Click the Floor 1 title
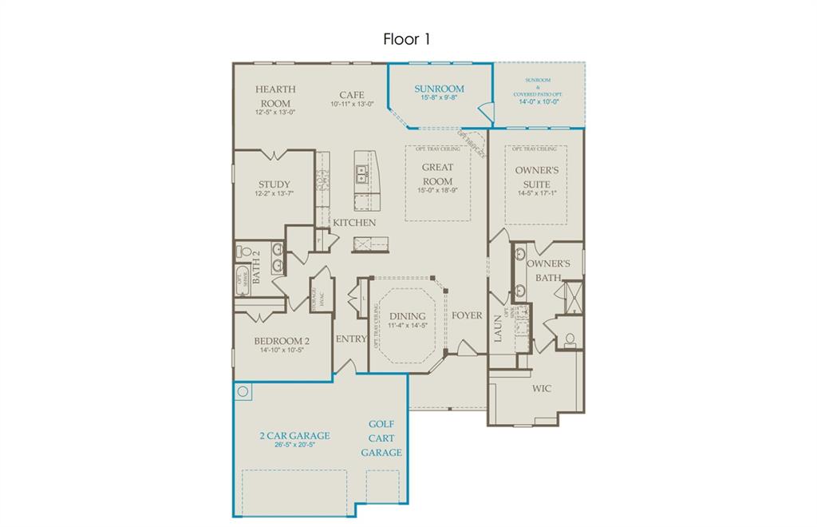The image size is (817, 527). click(x=407, y=38)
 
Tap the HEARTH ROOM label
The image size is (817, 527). click(x=275, y=96)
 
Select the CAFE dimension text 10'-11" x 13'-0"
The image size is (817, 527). click(x=352, y=105)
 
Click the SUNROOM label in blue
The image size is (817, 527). click(x=439, y=89)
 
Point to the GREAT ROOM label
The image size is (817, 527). click(x=436, y=174)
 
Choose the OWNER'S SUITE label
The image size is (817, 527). click(x=536, y=177)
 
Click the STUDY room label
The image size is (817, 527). click(x=274, y=184)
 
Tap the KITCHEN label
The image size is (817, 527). click(x=355, y=223)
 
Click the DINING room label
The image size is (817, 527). click(x=407, y=316)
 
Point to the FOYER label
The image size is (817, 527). click(x=467, y=315)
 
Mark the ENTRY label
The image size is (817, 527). click(x=351, y=339)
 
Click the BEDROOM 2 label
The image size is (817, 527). click(x=282, y=341)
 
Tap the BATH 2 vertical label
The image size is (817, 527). click(x=257, y=268)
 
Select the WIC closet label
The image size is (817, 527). click(x=542, y=388)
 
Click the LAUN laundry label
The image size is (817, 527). click(x=496, y=328)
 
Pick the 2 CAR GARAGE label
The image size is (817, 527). click(x=294, y=436)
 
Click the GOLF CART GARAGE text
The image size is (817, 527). click(x=381, y=438)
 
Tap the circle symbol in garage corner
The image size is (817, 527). click(x=244, y=391)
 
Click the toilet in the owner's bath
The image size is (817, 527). click(x=570, y=339)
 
